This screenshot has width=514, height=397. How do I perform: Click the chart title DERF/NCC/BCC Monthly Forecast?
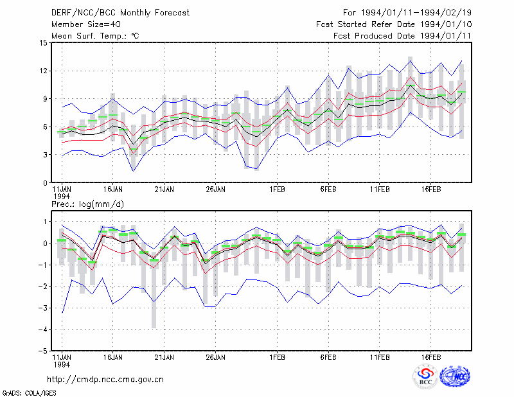(x=120, y=13)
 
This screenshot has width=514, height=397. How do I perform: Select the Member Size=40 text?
(x=86, y=24)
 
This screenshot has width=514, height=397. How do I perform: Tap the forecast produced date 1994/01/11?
(x=446, y=36)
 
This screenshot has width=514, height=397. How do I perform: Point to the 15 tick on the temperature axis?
(x=44, y=43)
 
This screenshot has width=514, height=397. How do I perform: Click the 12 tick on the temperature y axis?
(x=44, y=71)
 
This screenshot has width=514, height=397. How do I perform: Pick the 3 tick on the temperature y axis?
(x=46, y=155)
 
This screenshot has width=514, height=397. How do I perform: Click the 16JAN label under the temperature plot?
(x=113, y=190)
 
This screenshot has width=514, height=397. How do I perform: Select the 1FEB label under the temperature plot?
(x=278, y=190)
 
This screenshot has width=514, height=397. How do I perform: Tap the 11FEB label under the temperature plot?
(x=380, y=190)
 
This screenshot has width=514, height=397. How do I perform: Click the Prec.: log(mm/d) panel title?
(x=87, y=204)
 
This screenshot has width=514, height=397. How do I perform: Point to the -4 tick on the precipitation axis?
(x=43, y=330)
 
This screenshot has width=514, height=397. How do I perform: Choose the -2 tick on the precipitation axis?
(x=43, y=287)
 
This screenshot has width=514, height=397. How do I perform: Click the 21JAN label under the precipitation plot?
(x=164, y=357)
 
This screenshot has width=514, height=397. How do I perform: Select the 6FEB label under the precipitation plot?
(x=328, y=357)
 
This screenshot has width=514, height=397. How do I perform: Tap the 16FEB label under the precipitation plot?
(x=431, y=357)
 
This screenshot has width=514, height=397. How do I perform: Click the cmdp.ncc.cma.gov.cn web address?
(x=105, y=380)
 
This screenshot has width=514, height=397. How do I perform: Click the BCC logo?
(x=425, y=376)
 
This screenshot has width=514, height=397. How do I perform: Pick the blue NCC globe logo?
(x=455, y=376)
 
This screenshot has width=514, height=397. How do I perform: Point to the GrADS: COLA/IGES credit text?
(x=30, y=393)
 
